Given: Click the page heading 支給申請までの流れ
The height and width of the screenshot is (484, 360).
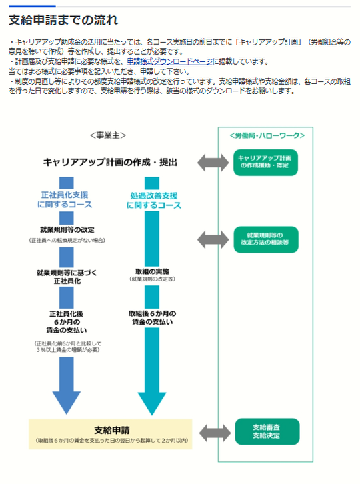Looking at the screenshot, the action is (x=63, y=20).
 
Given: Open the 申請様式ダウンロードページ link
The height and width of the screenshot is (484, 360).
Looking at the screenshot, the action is (x=169, y=61).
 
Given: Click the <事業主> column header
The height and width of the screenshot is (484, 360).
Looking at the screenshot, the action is (x=108, y=135).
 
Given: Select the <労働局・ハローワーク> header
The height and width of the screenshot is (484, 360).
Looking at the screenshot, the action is (x=267, y=135).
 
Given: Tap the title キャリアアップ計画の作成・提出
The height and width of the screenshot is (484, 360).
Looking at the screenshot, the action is (x=110, y=163).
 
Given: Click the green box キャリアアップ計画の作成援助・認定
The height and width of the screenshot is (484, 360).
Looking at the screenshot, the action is (x=265, y=163).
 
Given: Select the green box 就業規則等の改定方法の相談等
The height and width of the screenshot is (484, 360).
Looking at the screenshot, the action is (x=266, y=239).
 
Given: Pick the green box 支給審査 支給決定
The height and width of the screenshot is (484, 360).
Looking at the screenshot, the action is (x=267, y=431).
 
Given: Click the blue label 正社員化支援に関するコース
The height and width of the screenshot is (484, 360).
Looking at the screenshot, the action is (x=65, y=200).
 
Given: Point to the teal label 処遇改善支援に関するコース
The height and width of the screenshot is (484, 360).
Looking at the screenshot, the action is (x=154, y=200).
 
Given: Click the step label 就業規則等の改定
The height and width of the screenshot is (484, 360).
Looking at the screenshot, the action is (x=67, y=230).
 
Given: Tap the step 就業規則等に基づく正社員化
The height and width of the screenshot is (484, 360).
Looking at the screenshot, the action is (x=67, y=277).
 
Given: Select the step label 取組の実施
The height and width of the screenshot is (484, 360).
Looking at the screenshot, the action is (x=152, y=271).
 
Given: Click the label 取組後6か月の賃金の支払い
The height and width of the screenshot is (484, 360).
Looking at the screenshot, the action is (x=152, y=317).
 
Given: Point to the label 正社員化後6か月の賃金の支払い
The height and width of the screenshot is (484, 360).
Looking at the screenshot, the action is (x=67, y=322).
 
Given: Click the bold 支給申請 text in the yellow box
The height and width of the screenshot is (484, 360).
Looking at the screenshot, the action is (x=112, y=430).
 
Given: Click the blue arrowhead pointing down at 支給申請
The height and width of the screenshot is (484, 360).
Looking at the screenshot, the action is (x=67, y=403).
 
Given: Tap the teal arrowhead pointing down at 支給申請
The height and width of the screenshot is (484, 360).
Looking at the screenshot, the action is (x=152, y=403).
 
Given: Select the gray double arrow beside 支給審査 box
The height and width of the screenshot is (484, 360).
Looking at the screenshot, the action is (x=215, y=433).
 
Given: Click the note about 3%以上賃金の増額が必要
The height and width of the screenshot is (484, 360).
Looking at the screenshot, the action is (x=67, y=347).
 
